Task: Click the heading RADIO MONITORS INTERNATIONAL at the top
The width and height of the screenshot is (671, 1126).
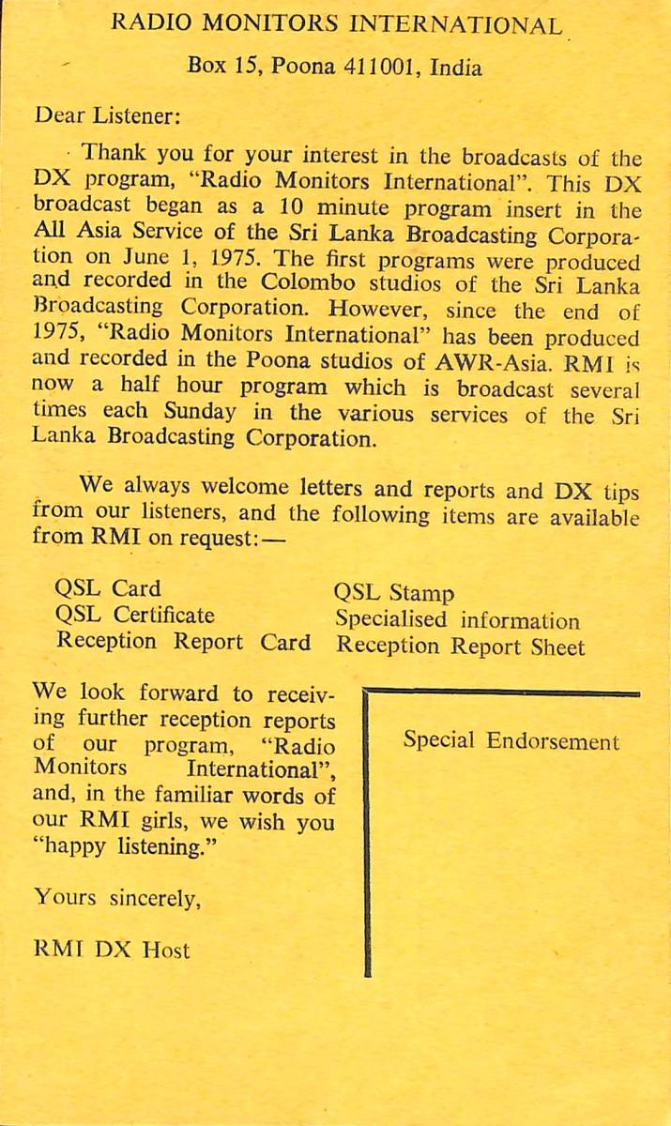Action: pyautogui.click(x=337, y=25)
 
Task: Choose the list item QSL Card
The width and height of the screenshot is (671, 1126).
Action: pyautogui.click(x=108, y=589)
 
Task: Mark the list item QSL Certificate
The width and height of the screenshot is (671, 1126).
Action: pyautogui.click(x=135, y=616)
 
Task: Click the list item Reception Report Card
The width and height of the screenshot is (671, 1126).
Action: pyautogui.click(x=183, y=642)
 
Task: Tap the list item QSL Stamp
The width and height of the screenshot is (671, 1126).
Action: pyautogui.click(x=394, y=593)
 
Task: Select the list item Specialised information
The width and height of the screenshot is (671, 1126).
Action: pyautogui.click(x=458, y=620)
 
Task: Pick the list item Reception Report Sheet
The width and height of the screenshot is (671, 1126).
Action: pyautogui.click(x=460, y=647)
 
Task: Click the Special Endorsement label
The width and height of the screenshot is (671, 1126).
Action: pyautogui.click(x=511, y=741)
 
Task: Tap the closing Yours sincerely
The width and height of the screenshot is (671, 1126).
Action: pyautogui.click(x=117, y=897)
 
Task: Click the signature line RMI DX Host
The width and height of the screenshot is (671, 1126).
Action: pyautogui.click(x=111, y=950)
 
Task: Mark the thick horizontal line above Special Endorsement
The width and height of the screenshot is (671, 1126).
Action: pyautogui.click(x=502, y=692)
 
